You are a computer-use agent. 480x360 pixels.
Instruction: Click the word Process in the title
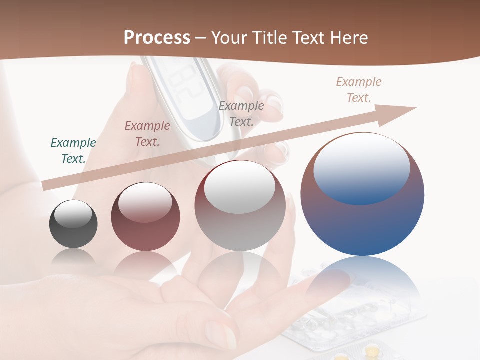pyautogui.click(x=157, y=38)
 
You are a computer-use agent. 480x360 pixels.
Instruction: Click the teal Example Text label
pyautogui.click(x=73, y=151)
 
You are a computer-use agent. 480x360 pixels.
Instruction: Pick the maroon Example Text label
pyautogui.click(x=147, y=134)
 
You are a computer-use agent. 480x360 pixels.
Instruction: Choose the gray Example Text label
pyautogui.click(x=241, y=113)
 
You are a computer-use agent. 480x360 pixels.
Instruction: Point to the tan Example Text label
pyautogui.click(x=358, y=90)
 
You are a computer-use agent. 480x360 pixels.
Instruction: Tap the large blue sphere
pyautogui.click(x=362, y=225)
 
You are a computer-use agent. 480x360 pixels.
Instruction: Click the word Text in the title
pyautogui.click(x=308, y=38)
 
